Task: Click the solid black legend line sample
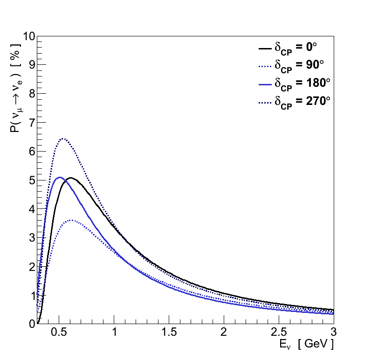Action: [265, 48]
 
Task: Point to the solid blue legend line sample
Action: [265, 84]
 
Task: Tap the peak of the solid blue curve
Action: [59, 177]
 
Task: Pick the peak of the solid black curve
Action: [70, 177]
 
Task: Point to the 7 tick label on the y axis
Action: [31, 123]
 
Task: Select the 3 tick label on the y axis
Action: [31, 238]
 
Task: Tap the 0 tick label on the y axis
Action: [31, 324]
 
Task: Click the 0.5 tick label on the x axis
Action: [59, 332]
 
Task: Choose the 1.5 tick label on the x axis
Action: [169, 332]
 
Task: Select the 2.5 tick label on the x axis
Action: [279, 332]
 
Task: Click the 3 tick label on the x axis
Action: [334, 332]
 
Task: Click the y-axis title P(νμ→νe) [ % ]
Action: [15, 88]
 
